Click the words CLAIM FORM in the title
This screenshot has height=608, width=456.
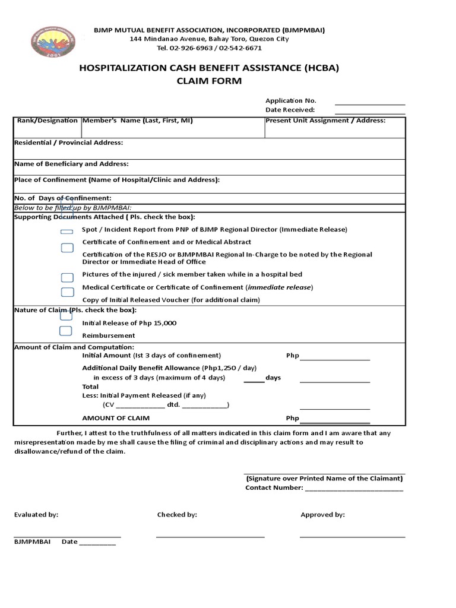[210, 81]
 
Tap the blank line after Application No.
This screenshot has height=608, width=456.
[370, 104]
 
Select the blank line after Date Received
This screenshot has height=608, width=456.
[370, 113]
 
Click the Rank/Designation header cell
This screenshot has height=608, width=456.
[47, 121]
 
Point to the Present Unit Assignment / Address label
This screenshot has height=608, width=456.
[325, 121]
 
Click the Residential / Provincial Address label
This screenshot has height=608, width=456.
[69, 142]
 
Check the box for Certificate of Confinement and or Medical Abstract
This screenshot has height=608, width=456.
[67, 247]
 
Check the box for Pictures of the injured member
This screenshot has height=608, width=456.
[67, 277]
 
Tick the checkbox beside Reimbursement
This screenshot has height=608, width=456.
[65, 331]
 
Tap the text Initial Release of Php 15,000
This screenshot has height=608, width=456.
[129, 323]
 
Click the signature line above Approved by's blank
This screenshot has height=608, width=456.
[352, 537]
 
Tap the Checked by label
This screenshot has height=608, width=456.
[177, 515]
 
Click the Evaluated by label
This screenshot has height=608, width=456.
[36, 515]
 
